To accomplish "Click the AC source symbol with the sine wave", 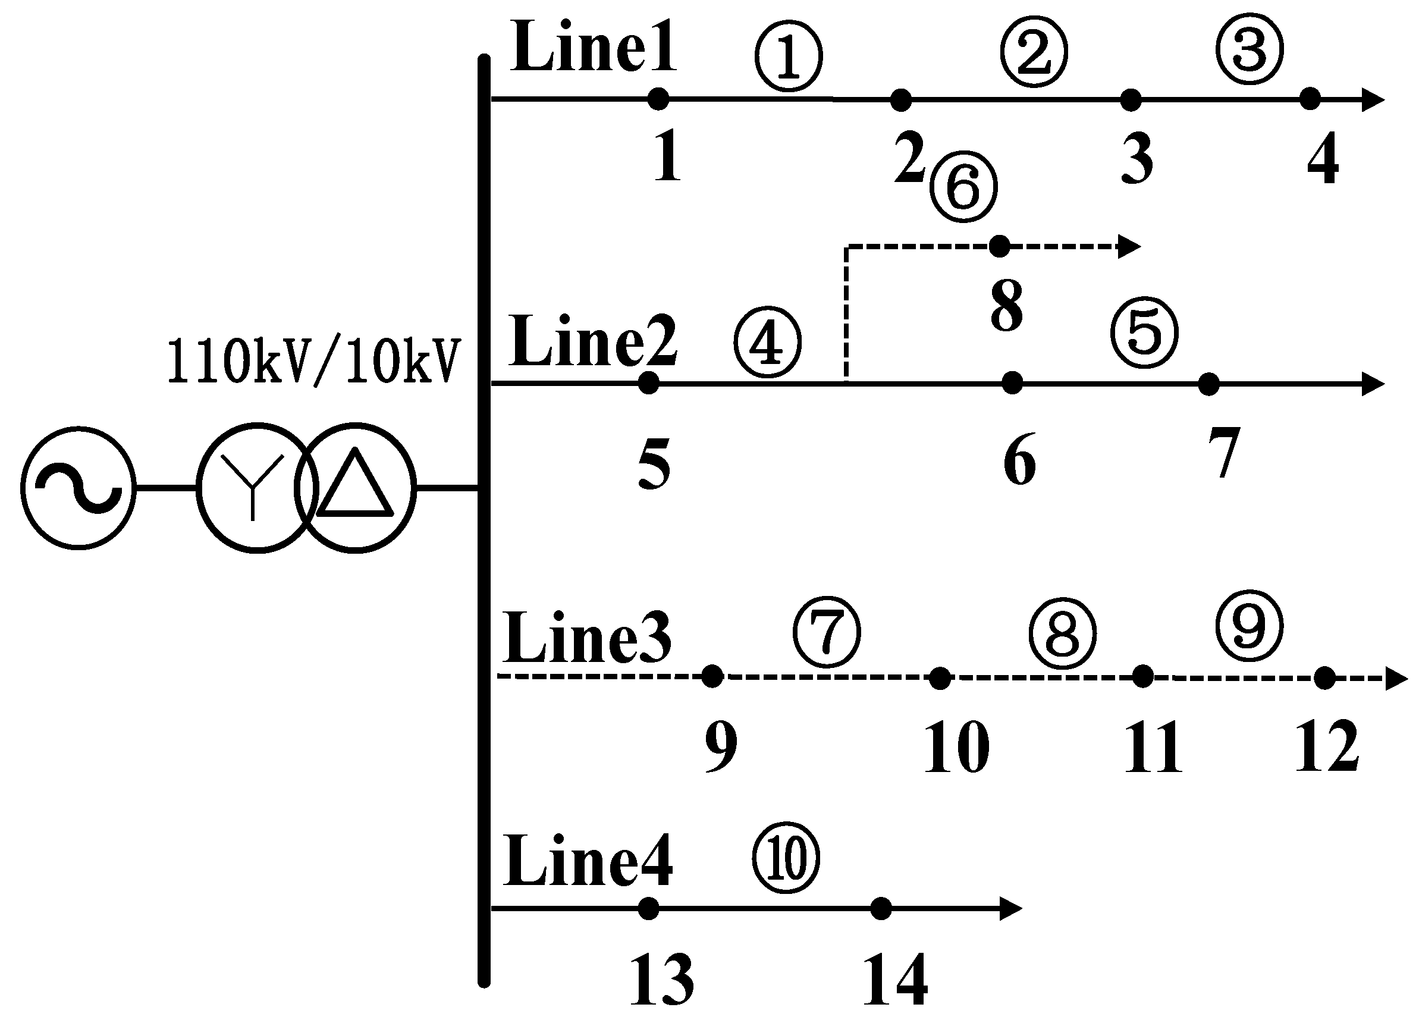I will pyautogui.click(x=79, y=488).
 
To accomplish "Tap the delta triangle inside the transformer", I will pyautogui.click(x=356, y=485).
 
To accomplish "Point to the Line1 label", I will pyautogui.click(x=593, y=48).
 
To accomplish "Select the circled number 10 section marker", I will pyautogui.click(x=786, y=858).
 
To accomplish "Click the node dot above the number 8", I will pyautogui.click(x=1000, y=246).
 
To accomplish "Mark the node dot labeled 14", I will pyautogui.click(x=881, y=908).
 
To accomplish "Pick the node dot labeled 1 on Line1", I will pyautogui.click(x=658, y=99).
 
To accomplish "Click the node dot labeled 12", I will pyautogui.click(x=1324, y=677).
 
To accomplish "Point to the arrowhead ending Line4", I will pyautogui.click(x=1010, y=908).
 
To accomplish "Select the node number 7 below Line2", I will pyautogui.click(x=1223, y=452).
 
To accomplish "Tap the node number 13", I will pyautogui.click(x=661, y=980).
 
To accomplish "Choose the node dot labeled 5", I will pyautogui.click(x=649, y=383).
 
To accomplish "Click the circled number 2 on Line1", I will pyautogui.click(x=1034, y=52).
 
